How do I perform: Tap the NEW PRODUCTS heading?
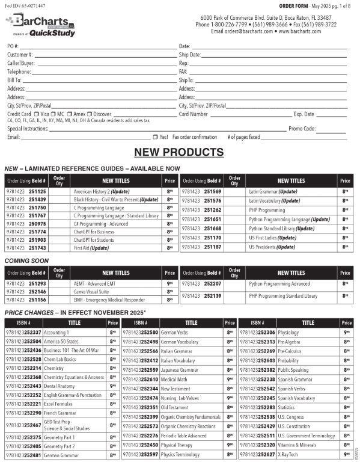[179, 152]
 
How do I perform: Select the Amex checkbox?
[69, 114]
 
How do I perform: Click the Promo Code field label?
[302, 128]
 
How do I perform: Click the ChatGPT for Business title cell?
[94, 232]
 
